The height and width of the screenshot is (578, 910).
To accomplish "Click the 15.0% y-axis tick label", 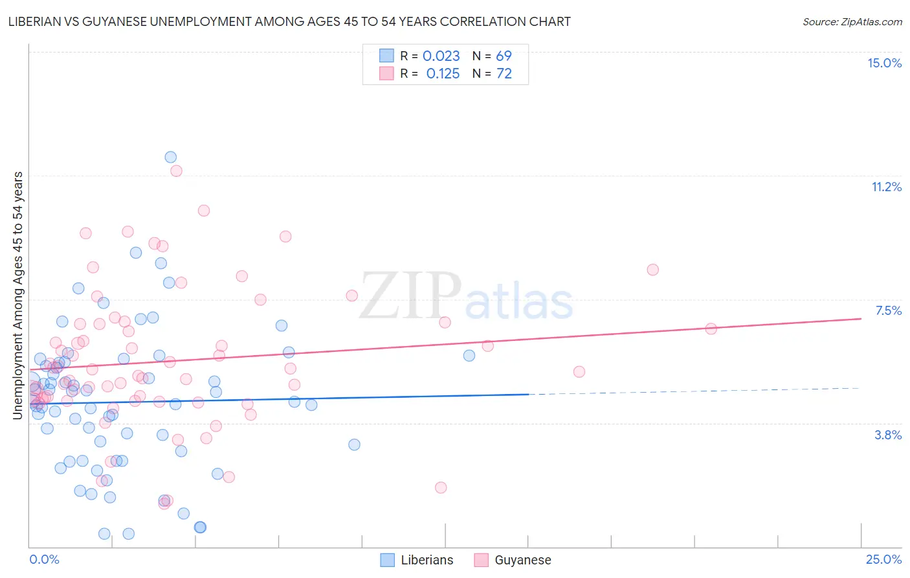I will (884, 63).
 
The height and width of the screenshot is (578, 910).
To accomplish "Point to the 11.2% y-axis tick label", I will (886, 187).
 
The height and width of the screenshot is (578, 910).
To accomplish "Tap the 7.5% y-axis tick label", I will (888, 310).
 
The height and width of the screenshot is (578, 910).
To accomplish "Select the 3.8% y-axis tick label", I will (888, 435).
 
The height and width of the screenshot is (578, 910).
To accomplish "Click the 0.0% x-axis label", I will (44, 559).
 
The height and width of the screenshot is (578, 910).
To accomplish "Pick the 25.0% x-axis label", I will (883, 559).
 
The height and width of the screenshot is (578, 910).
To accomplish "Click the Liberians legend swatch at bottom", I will (387, 560).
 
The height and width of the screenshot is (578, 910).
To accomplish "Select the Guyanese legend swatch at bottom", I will (481, 560).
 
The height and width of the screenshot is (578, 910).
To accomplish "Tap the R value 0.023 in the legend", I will (441, 56).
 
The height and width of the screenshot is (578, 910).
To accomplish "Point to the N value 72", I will (504, 73).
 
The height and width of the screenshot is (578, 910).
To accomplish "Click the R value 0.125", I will (443, 73).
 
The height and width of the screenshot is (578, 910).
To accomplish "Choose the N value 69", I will (504, 56).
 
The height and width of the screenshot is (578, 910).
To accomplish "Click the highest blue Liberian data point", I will (170, 157).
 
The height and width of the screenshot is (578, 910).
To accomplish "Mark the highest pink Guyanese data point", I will (176, 171).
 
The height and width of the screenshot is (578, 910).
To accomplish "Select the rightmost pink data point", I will (711, 329).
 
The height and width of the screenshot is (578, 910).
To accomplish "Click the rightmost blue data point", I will (469, 355).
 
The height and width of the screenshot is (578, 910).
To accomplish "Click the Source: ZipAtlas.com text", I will (852, 21).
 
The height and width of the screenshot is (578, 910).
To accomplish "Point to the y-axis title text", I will (18, 295).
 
